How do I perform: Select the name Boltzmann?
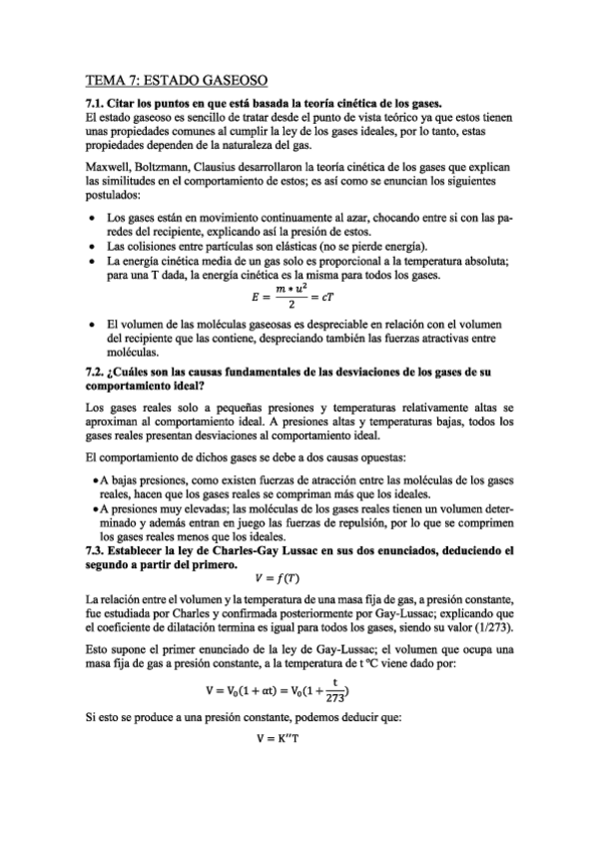180,167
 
